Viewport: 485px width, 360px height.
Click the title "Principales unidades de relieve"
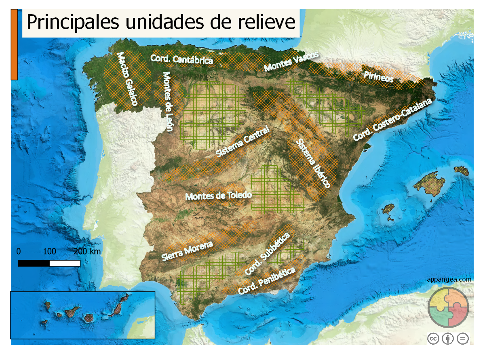click(161, 22)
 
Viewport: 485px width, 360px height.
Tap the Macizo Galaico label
click(127, 79)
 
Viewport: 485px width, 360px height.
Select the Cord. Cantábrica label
click(182, 59)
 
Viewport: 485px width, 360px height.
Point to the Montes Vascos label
click(291, 62)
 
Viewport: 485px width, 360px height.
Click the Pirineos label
click(378, 77)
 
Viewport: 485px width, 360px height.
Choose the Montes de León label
click(168, 101)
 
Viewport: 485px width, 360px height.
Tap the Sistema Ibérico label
click(313, 163)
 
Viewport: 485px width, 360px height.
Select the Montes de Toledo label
click(218, 196)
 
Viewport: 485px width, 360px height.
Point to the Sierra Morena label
click(187, 251)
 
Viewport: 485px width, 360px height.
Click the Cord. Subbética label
click(268, 253)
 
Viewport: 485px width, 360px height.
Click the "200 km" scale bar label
click(87, 251)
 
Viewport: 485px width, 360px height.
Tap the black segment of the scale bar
click(34, 263)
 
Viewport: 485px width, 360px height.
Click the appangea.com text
click(449, 279)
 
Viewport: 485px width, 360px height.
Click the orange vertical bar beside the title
click(14, 44)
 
